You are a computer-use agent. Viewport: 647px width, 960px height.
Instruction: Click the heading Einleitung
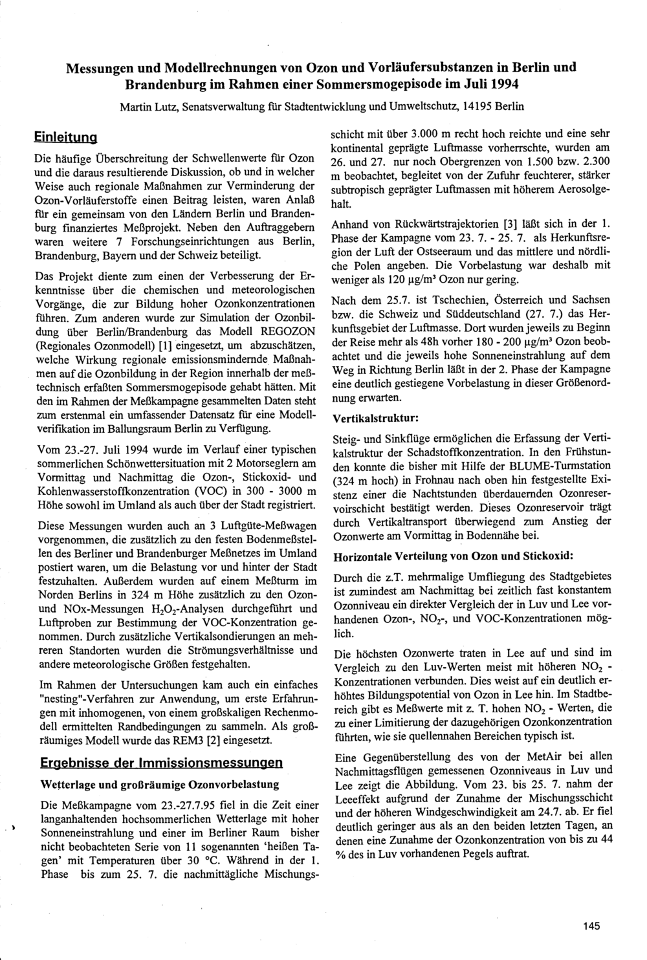65,138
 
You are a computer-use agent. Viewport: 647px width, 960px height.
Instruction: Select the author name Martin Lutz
144,105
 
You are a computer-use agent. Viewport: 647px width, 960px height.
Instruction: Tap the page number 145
591,926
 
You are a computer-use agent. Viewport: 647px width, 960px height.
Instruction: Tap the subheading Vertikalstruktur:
375,418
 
